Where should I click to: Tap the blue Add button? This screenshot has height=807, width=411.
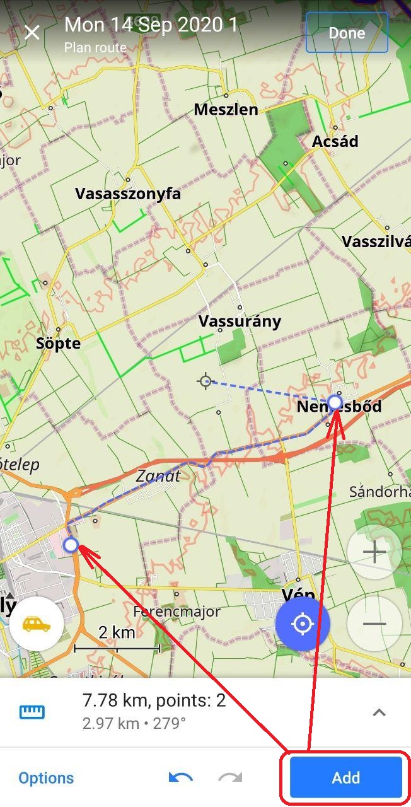point(345,777)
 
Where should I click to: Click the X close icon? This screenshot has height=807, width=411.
point(32,33)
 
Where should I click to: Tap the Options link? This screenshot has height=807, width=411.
point(46,778)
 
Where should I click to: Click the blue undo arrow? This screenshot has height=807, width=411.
point(180,777)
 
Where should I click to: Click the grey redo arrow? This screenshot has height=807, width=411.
point(230,777)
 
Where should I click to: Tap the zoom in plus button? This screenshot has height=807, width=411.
point(374,553)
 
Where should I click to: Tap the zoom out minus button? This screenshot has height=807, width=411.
point(374,624)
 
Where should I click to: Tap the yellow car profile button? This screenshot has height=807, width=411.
point(37,624)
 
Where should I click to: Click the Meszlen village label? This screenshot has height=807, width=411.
point(226,110)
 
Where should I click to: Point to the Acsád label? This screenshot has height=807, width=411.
point(335,141)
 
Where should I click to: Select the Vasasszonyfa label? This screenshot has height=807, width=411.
point(128,194)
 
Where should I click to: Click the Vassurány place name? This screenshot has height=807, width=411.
point(240,321)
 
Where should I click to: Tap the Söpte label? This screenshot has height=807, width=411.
point(59,344)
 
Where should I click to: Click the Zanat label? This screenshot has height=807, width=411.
point(158,476)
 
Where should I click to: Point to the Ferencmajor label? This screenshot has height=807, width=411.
point(177,612)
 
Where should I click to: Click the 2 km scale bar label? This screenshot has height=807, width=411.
point(117,632)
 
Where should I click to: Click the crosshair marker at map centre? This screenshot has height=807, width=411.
point(205,381)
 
